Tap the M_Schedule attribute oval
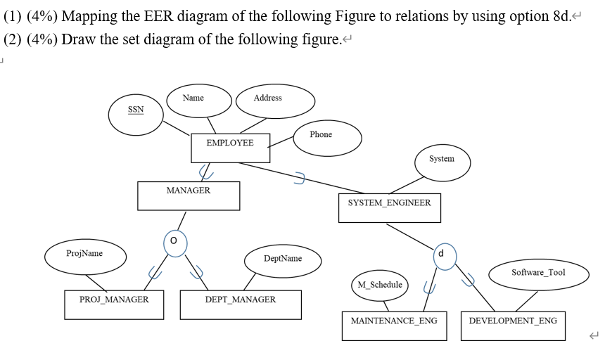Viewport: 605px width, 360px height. pos(380,285)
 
